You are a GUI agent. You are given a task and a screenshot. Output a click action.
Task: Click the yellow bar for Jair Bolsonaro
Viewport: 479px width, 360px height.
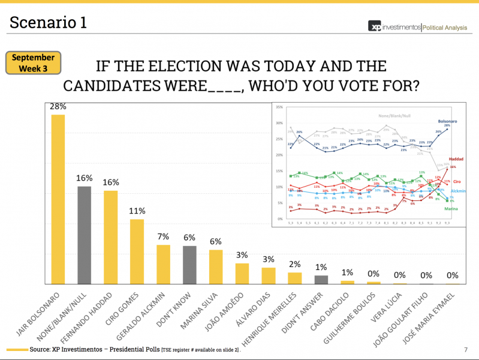pyautogui.click(x=58, y=199)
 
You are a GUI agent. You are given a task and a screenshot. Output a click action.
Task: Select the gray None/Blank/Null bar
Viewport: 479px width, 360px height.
pyautogui.click(x=85, y=235)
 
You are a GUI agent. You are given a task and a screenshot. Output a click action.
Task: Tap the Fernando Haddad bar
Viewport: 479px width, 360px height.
pyautogui.click(x=111, y=237)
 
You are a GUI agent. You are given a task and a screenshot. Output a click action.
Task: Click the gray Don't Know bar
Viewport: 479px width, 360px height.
pyautogui.click(x=190, y=265)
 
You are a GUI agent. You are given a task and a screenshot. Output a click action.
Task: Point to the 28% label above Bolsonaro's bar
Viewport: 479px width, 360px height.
pyautogui.click(x=58, y=106)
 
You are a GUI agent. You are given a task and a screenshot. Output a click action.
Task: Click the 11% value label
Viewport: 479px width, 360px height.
pyautogui.click(x=137, y=211)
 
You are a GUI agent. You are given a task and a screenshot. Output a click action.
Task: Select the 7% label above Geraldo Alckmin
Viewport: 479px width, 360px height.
pyautogui.click(x=164, y=236)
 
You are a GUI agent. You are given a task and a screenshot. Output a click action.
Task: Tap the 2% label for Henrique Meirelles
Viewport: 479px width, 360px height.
pyautogui.click(x=295, y=264)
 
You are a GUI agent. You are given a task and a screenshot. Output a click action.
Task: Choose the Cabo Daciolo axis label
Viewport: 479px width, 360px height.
pyautogui.click(x=336, y=314)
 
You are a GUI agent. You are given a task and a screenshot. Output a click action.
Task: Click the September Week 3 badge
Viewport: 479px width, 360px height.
pyautogui.click(x=34, y=63)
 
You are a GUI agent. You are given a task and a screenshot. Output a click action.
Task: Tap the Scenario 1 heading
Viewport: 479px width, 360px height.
pyautogui.click(x=49, y=23)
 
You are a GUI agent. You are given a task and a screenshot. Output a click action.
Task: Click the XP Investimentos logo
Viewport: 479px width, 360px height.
pyautogui.click(x=395, y=27)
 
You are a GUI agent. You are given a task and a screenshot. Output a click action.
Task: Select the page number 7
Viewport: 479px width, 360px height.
pyautogui.click(x=466, y=349)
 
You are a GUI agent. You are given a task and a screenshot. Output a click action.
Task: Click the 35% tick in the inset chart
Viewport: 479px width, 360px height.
pyautogui.click(x=279, y=107)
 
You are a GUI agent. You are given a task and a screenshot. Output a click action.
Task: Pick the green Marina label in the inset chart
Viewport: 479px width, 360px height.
pyautogui.click(x=451, y=208)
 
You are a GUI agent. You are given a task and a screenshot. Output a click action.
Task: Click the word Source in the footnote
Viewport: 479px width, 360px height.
pyautogui.click(x=43, y=349)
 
